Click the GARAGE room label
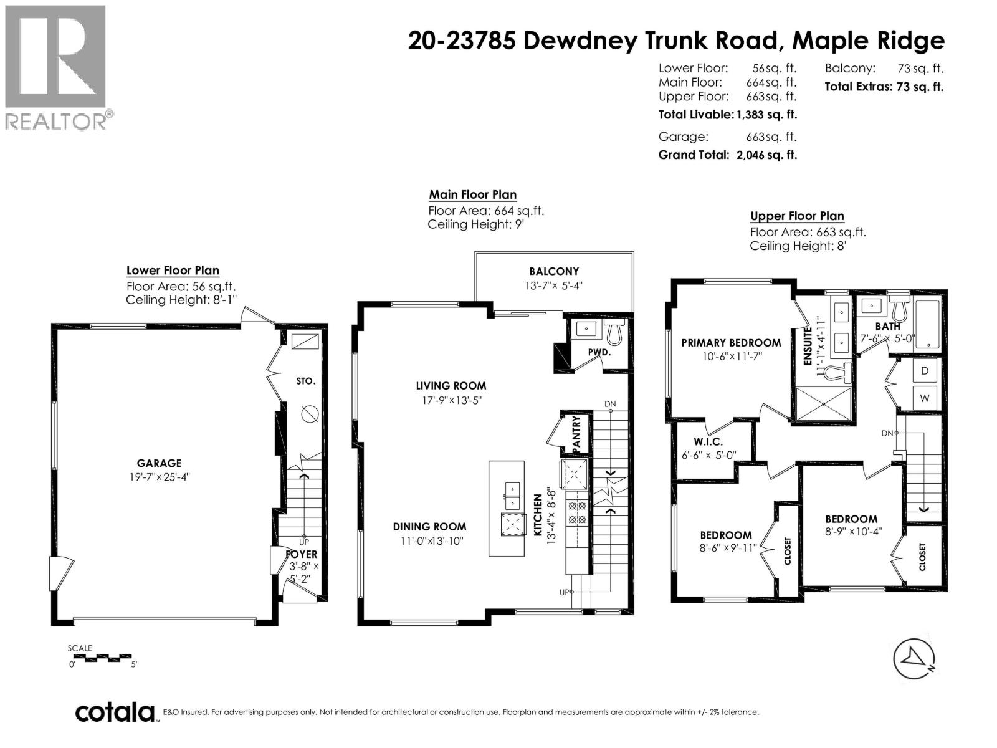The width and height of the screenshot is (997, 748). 159,463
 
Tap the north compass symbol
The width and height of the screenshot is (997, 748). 914,659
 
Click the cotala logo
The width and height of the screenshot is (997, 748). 115,712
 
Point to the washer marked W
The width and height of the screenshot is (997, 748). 924,398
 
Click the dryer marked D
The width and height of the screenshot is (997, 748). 924,371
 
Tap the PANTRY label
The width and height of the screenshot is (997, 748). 576,434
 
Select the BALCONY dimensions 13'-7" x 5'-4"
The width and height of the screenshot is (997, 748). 554,286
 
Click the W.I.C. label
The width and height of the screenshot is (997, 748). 708,442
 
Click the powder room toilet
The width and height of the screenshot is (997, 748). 614,332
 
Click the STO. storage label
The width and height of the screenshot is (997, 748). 306,381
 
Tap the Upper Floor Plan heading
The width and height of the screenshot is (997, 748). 797,216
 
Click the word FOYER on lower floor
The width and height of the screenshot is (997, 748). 302,554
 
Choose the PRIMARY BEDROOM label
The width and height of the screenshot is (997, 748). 730,343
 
